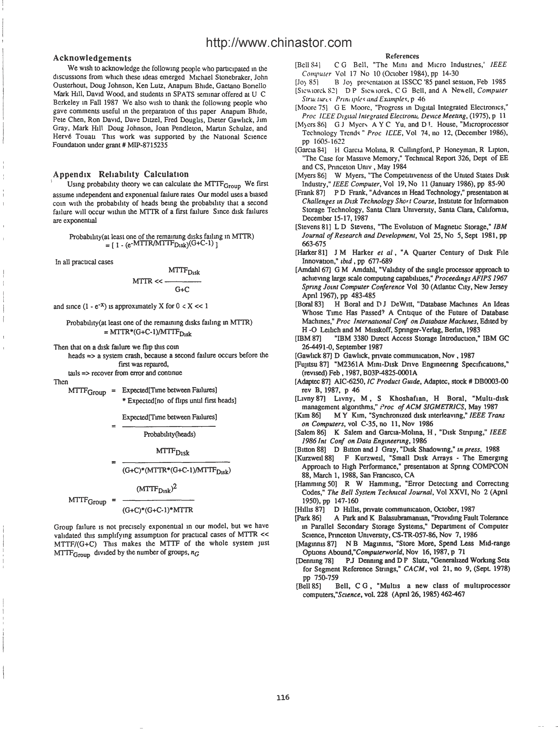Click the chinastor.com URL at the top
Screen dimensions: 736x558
pos(279,43)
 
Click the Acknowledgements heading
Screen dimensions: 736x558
pos(92,58)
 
